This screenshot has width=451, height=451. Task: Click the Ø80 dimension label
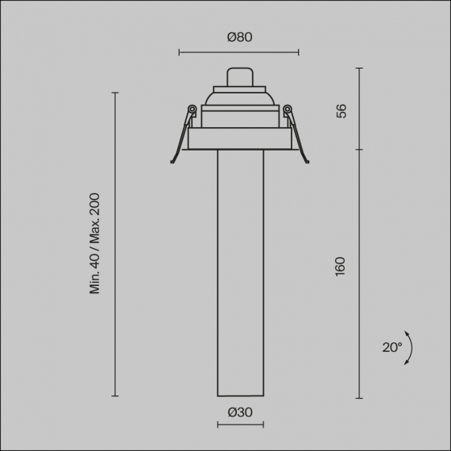click(240, 37)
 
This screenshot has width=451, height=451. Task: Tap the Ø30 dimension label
click(240, 412)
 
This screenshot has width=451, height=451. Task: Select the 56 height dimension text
click(341, 111)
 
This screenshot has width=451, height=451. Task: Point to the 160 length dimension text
click(340, 267)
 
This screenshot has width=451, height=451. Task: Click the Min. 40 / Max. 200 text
click(95, 243)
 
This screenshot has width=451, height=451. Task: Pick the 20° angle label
click(392, 347)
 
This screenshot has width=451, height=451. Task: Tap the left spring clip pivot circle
click(192, 109)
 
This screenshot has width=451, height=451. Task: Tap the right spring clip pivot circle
click(288, 109)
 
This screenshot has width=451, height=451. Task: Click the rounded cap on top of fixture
click(240, 77)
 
